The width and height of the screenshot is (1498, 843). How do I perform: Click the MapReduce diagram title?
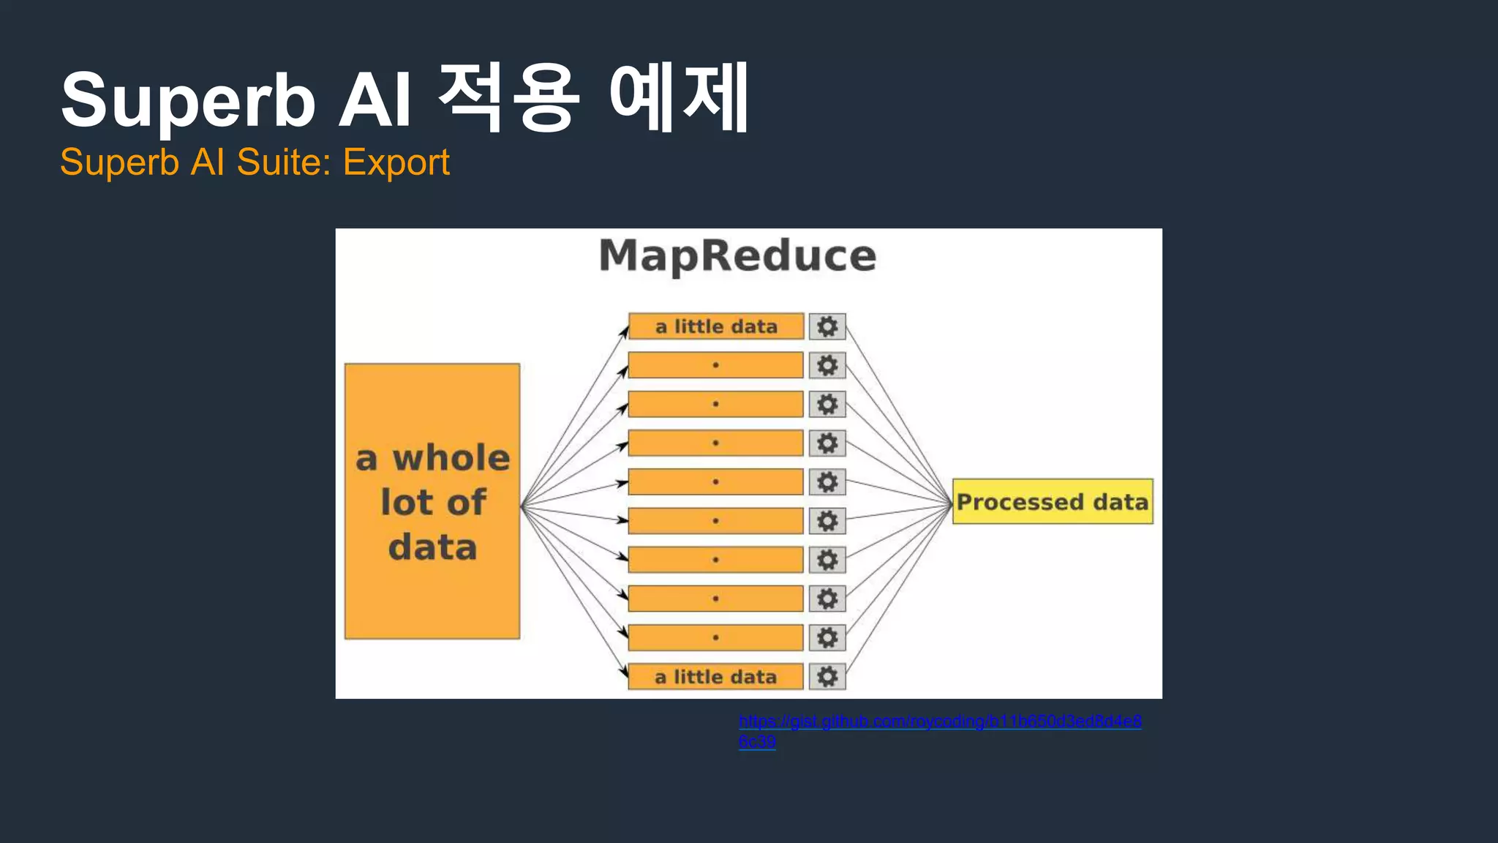(x=737, y=256)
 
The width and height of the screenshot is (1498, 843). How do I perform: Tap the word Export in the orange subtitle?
(x=396, y=162)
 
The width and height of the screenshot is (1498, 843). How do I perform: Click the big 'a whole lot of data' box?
(x=432, y=501)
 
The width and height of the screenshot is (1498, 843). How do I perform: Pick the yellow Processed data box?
(x=1053, y=501)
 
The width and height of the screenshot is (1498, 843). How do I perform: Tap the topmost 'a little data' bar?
(x=716, y=326)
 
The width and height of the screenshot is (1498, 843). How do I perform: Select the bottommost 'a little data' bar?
(x=716, y=677)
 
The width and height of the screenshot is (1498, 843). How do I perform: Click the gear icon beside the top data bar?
(x=827, y=326)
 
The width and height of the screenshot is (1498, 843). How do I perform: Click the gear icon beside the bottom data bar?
(x=827, y=677)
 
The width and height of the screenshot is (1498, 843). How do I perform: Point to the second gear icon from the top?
(x=827, y=365)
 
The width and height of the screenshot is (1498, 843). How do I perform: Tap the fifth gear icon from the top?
(x=827, y=482)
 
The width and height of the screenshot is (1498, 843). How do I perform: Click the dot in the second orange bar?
(x=715, y=365)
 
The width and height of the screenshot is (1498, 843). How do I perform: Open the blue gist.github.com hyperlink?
(x=940, y=722)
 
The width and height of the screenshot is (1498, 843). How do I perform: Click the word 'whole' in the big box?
(x=451, y=458)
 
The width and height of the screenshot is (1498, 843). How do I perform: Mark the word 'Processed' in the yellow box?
(x=1020, y=502)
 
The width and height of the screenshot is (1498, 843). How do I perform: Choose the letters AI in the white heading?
(x=374, y=100)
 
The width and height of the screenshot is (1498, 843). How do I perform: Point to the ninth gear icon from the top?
(x=827, y=638)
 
